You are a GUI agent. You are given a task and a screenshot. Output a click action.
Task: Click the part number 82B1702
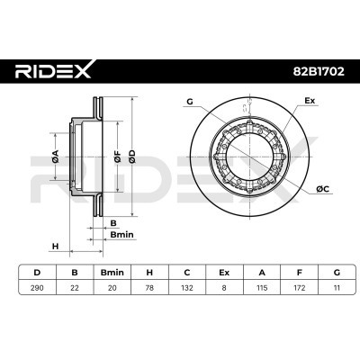point(319,71)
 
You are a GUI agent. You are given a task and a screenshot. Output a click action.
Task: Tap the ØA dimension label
point(56,157)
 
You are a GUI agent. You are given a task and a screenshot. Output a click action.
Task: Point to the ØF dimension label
point(118,157)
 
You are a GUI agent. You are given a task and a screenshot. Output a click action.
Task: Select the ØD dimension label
point(132,157)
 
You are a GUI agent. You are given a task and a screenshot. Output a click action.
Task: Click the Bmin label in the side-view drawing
point(121,234)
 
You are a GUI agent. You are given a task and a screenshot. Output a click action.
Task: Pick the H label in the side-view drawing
point(55,247)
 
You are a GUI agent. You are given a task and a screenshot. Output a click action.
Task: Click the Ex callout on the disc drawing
point(310,101)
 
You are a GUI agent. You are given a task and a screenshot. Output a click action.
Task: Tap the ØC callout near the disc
point(323,189)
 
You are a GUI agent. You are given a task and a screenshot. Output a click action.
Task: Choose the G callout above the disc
point(190,102)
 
